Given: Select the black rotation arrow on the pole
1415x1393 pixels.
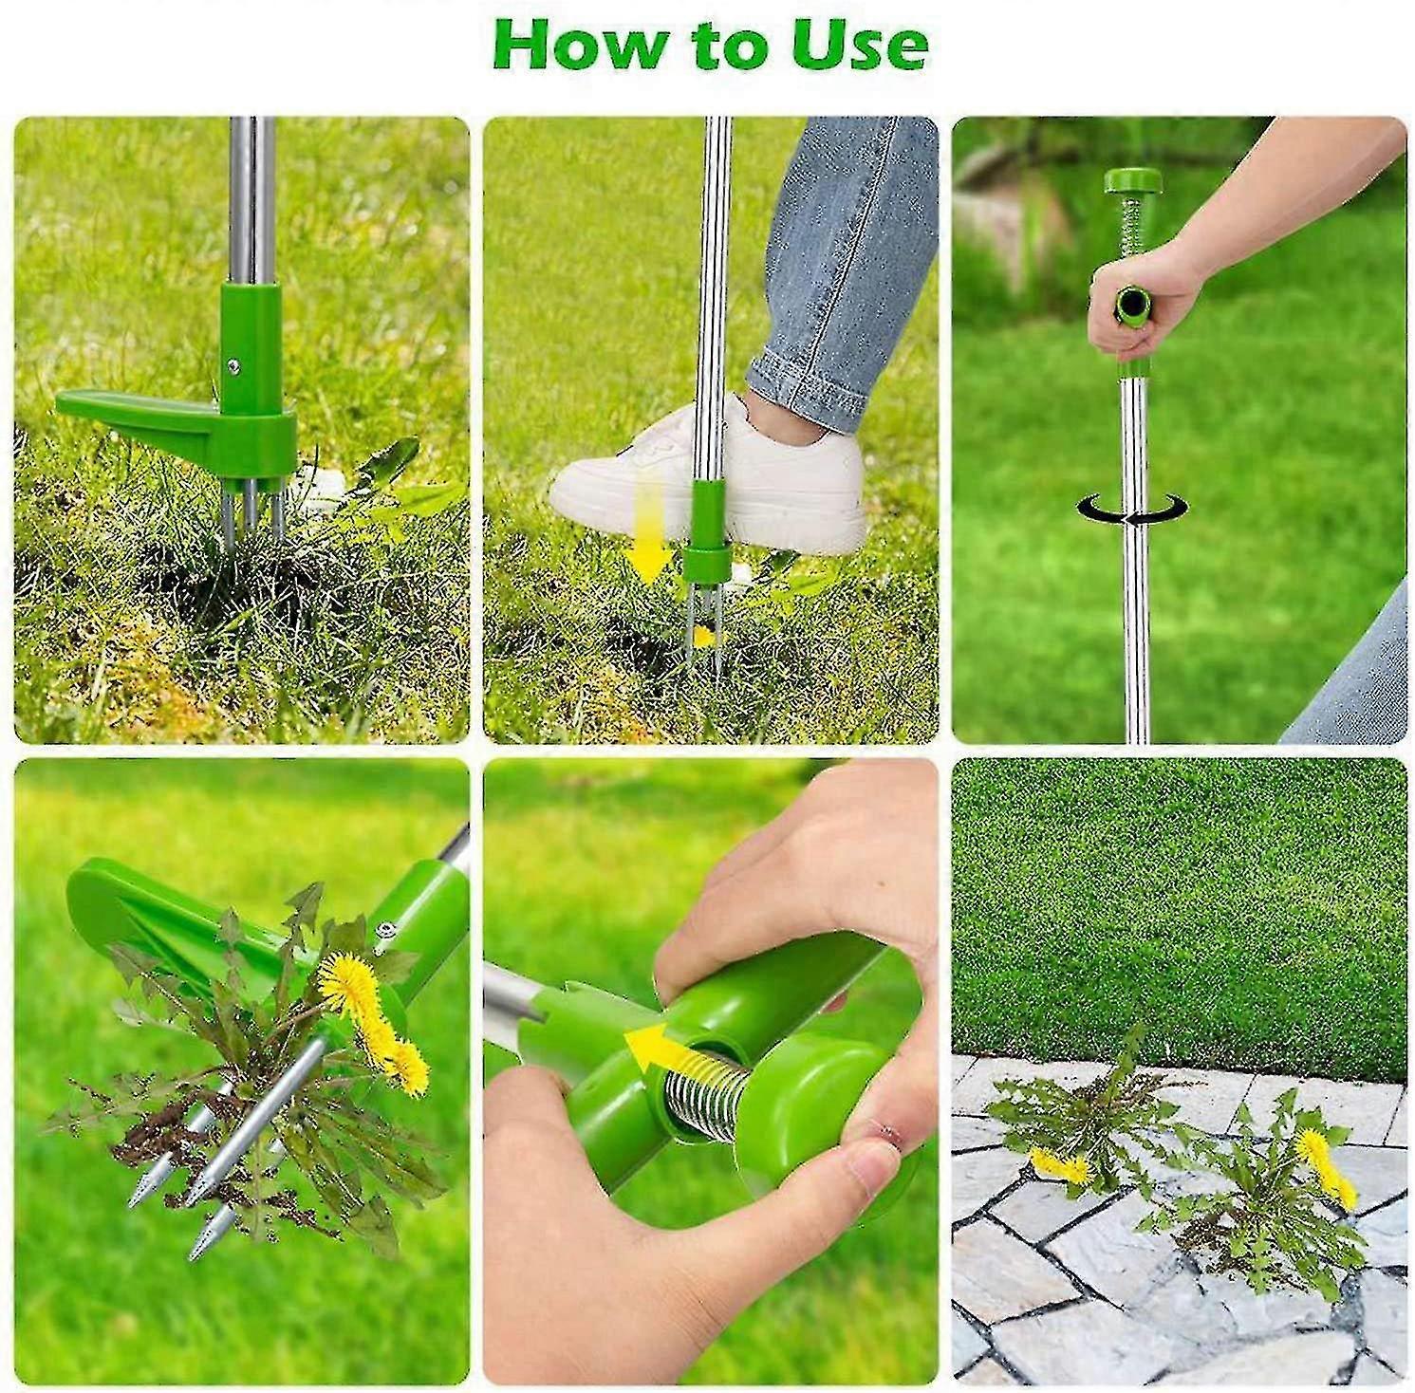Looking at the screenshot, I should [1132, 510].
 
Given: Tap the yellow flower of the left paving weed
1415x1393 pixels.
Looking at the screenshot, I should [1059, 1165].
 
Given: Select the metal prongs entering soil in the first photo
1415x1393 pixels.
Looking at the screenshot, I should [250, 517].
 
